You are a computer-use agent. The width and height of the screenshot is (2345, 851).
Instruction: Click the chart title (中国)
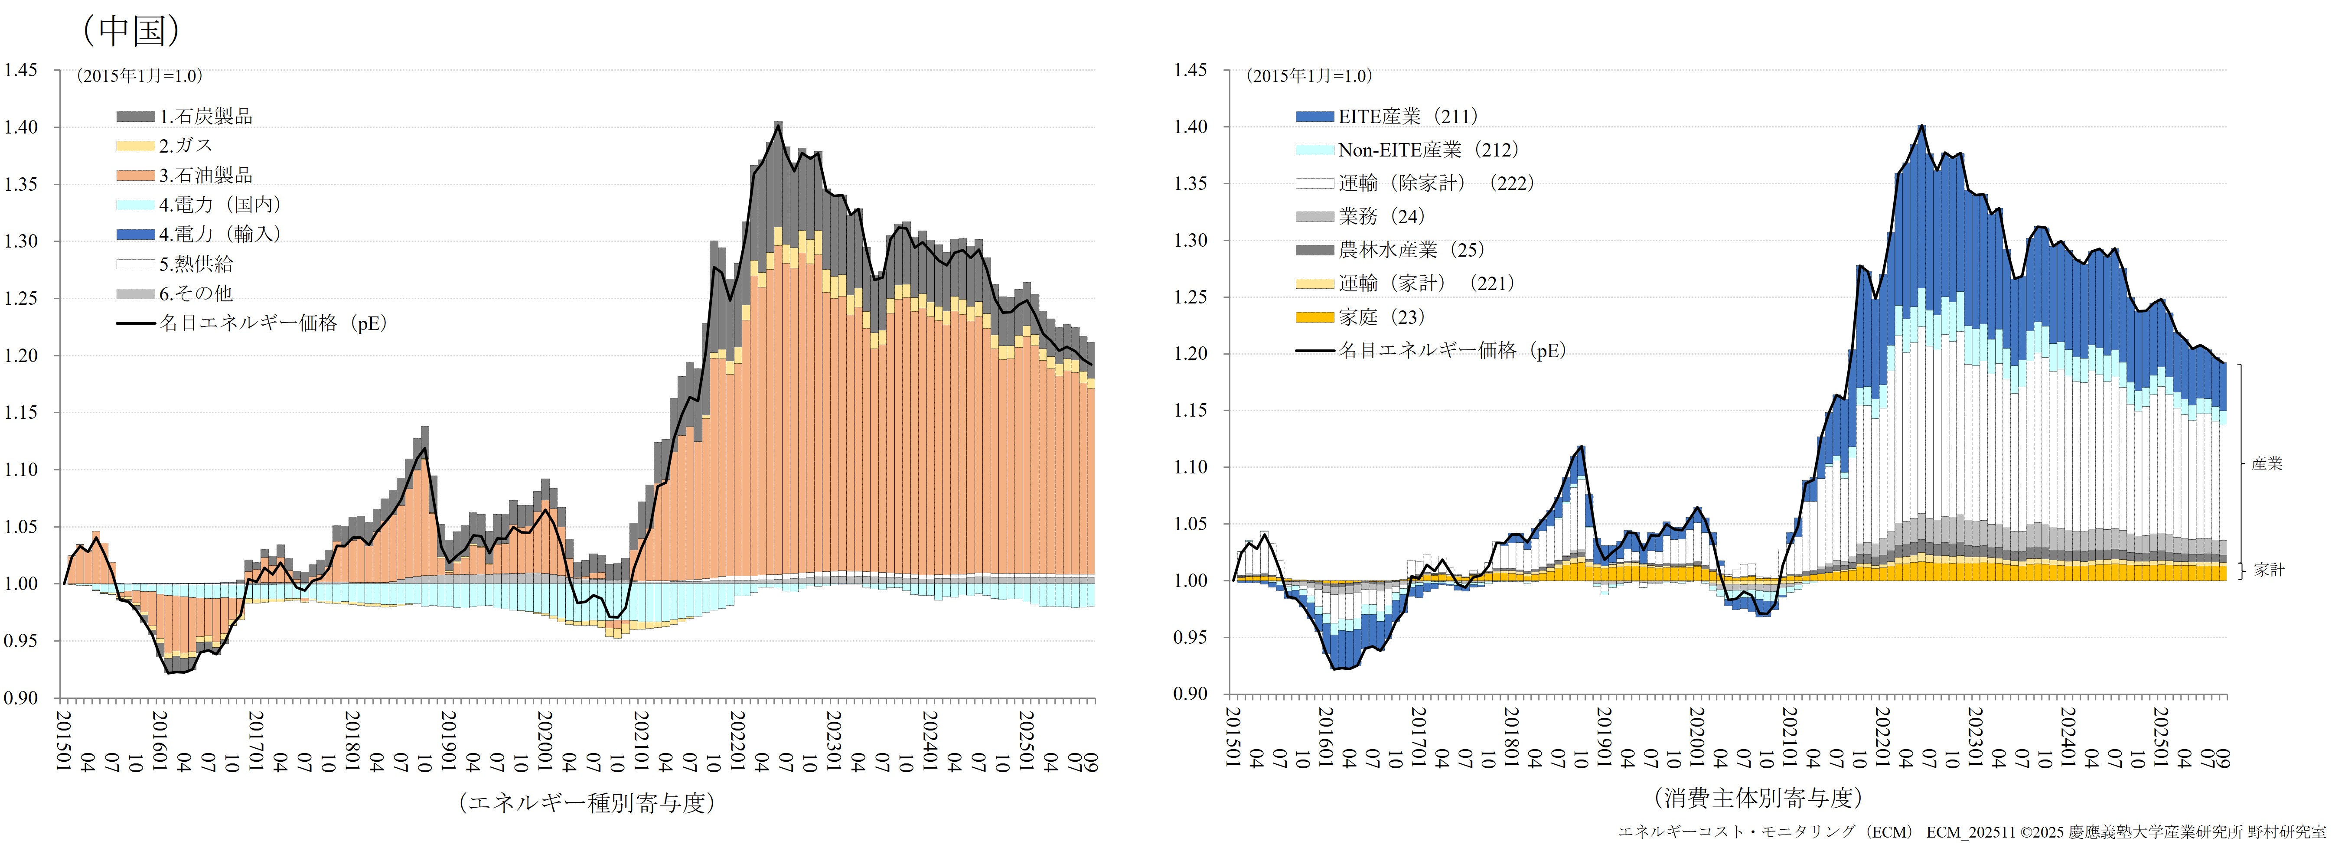(132, 30)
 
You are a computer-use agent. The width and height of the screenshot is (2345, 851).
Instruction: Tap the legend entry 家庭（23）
(1381, 317)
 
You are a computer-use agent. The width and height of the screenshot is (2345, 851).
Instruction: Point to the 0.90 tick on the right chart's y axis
(1190, 694)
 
